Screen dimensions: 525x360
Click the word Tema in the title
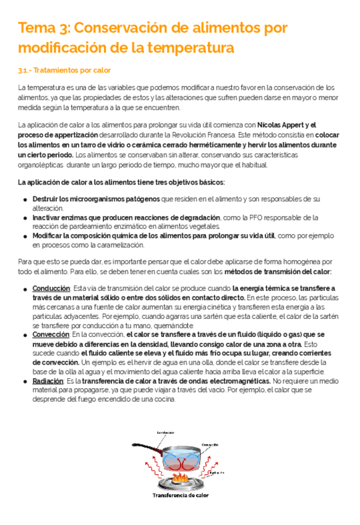point(34,28)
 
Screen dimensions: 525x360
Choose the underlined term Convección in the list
point(51,334)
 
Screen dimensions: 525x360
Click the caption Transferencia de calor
point(181,495)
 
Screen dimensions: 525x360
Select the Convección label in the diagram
point(210,444)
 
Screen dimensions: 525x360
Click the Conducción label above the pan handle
point(165,432)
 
